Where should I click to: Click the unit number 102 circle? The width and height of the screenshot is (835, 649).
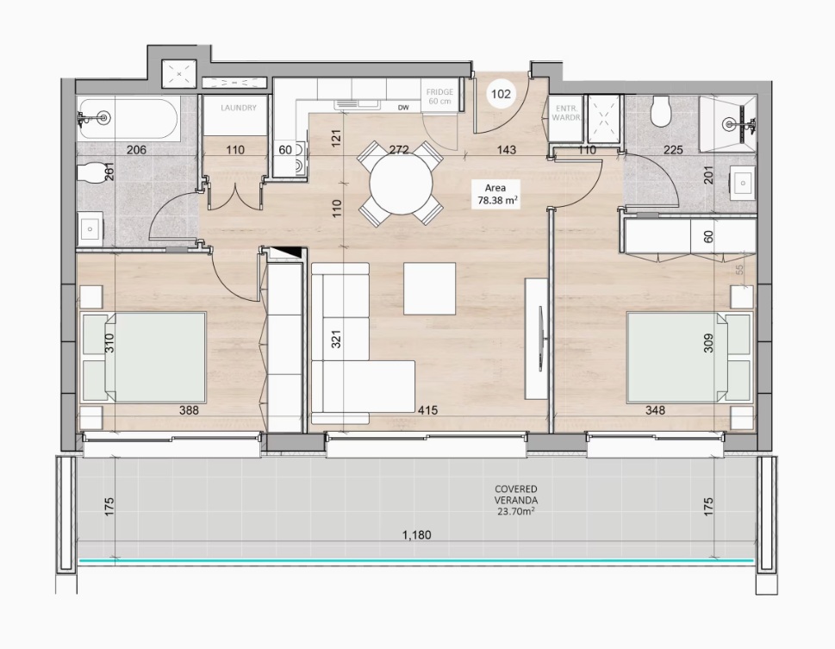tap(501, 94)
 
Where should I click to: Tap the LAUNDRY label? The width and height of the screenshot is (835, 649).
tap(239, 108)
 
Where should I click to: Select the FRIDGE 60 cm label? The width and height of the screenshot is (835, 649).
tap(439, 97)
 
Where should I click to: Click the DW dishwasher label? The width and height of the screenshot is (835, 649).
tap(403, 108)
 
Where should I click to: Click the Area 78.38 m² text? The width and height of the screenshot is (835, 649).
tap(495, 194)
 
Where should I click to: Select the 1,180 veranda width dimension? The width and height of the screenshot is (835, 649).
tap(416, 534)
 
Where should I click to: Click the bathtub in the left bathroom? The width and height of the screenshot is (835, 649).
tap(128, 118)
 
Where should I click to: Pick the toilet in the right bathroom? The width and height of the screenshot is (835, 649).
tap(661, 111)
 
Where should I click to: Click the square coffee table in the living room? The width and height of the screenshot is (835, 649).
tap(429, 288)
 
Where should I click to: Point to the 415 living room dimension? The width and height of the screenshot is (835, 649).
tap(427, 410)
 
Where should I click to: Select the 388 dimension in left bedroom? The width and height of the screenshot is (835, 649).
tap(189, 410)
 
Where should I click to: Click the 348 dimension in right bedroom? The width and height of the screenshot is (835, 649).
tap(655, 410)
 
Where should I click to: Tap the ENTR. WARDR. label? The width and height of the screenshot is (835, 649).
tap(565, 113)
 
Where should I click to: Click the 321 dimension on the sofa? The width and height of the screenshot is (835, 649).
tap(336, 338)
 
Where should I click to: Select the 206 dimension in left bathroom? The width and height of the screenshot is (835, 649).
tap(136, 150)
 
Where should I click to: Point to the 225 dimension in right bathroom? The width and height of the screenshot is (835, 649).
tap(673, 150)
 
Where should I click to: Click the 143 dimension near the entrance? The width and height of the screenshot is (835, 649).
tap(506, 150)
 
